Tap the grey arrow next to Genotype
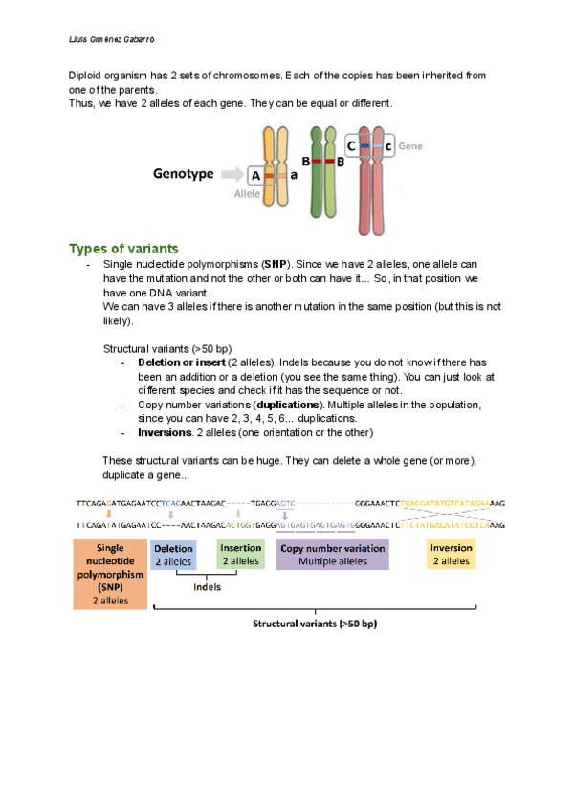231,175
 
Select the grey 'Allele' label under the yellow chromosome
248,193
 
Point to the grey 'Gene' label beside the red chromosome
410,146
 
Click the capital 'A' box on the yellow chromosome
254,176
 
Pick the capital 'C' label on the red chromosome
352,146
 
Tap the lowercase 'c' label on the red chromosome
388,146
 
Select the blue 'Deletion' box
173,556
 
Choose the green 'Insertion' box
240,556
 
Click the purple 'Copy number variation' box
332,556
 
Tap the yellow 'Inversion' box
451,556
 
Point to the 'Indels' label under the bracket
207,587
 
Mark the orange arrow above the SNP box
108,514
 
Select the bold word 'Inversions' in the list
166,431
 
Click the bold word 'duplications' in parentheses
288,405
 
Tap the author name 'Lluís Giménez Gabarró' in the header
111,40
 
